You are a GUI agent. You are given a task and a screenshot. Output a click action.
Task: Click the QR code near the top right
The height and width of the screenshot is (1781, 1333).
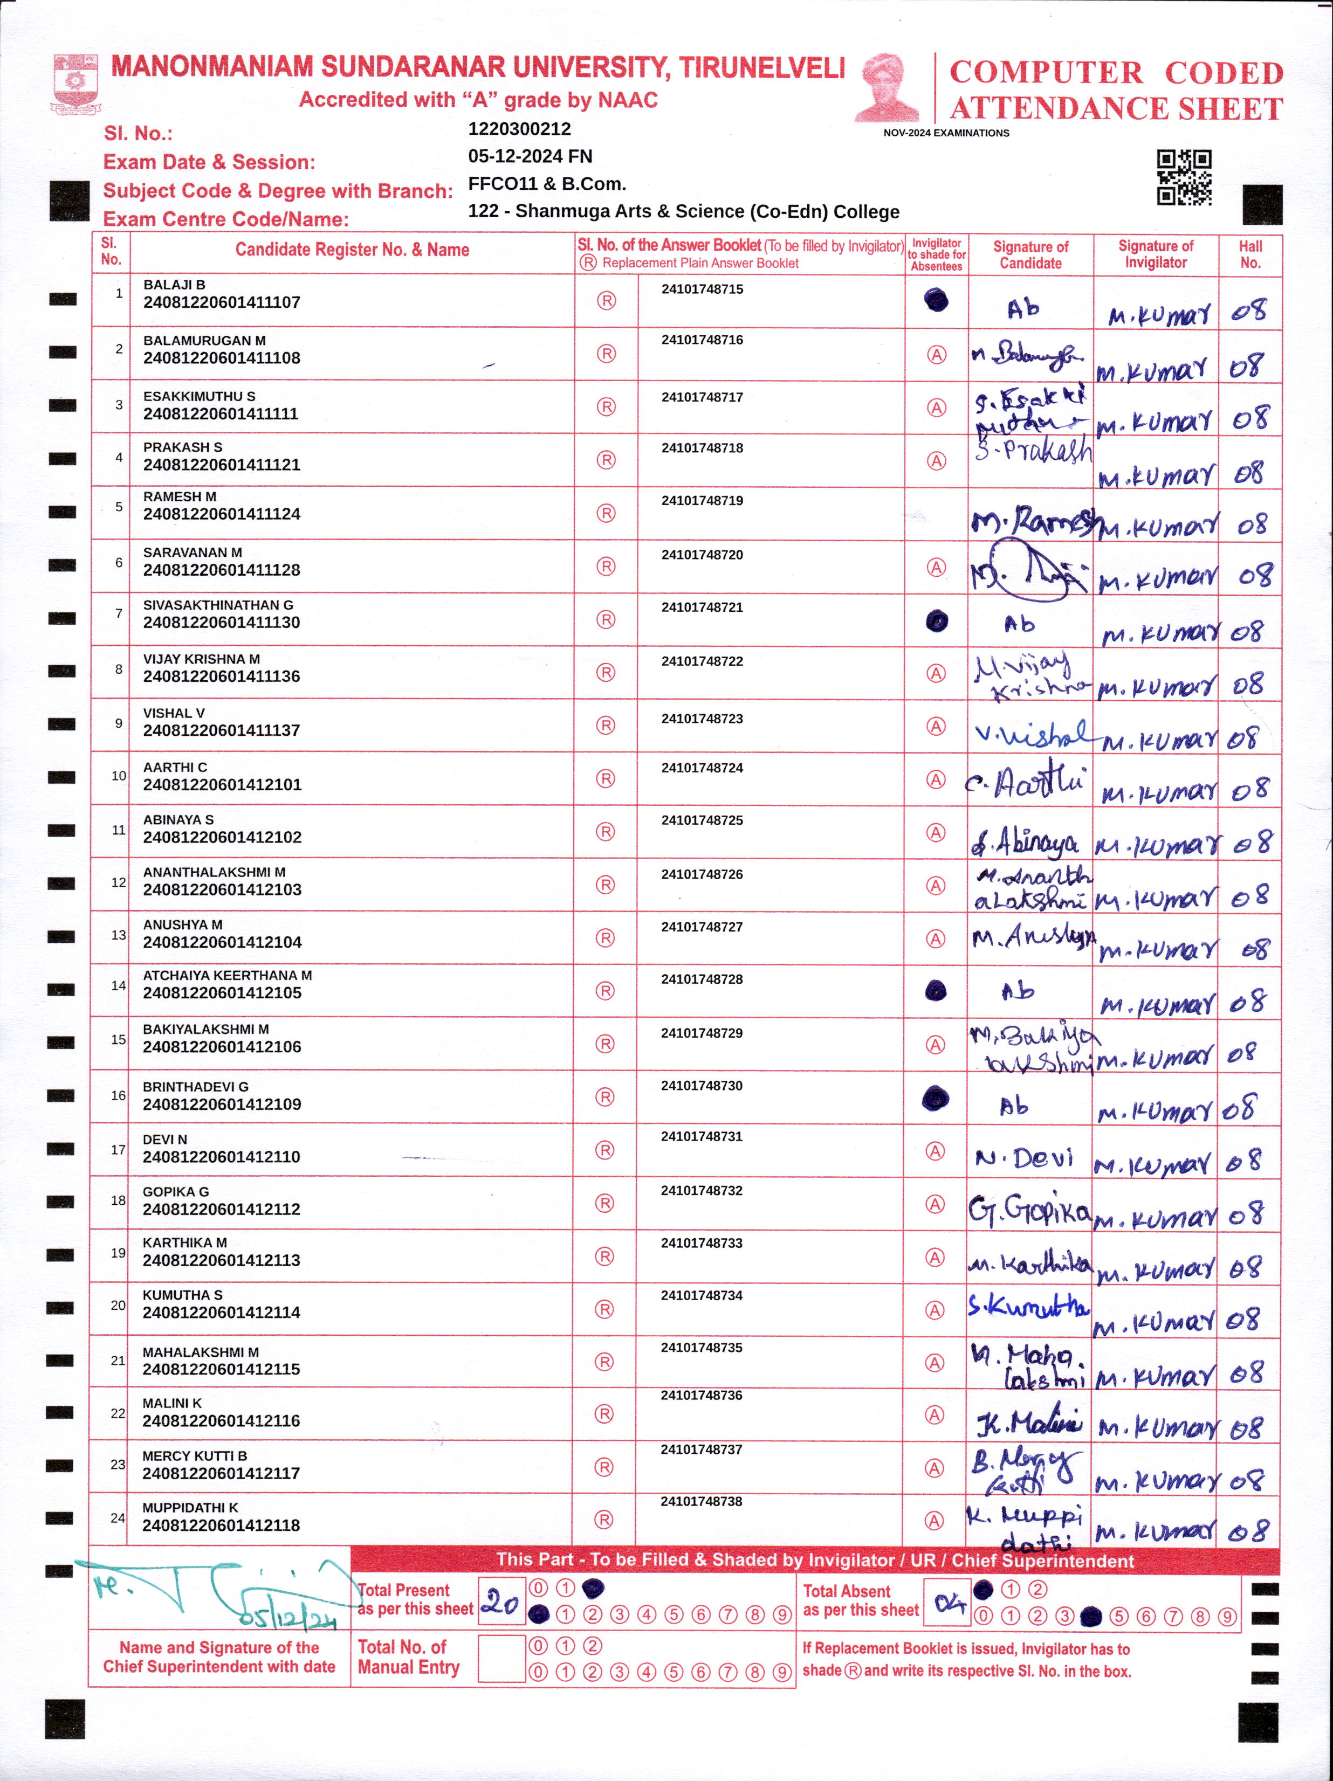[x=1184, y=177]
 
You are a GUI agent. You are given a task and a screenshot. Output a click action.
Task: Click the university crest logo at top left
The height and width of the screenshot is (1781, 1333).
[x=75, y=83]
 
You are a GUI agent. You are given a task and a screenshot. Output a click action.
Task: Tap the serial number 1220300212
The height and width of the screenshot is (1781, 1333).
[x=519, y=129]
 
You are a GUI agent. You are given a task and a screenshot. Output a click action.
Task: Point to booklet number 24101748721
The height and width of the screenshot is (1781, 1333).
[x=702, y=607]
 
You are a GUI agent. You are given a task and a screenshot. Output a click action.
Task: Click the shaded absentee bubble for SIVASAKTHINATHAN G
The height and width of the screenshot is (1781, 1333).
[x=936, y=621]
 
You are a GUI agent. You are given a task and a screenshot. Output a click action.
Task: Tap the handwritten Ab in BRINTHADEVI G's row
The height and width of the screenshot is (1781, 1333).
[x=1014, y=1107]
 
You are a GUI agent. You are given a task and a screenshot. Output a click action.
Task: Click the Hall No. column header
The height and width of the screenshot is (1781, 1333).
[x=1250, y=254]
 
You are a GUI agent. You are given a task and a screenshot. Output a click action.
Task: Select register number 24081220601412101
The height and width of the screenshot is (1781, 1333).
[x=222, y=785]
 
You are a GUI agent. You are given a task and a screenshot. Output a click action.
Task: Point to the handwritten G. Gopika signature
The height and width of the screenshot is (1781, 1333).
[x=1029, y=1210]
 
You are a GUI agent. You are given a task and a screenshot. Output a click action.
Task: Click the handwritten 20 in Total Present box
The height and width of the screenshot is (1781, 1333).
[x=500, y=1602]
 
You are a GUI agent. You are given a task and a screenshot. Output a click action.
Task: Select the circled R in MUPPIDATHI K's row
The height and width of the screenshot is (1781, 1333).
[x=603, y=1520]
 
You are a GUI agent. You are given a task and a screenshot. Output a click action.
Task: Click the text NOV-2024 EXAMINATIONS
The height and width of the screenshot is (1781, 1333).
[x=946, y=133]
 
